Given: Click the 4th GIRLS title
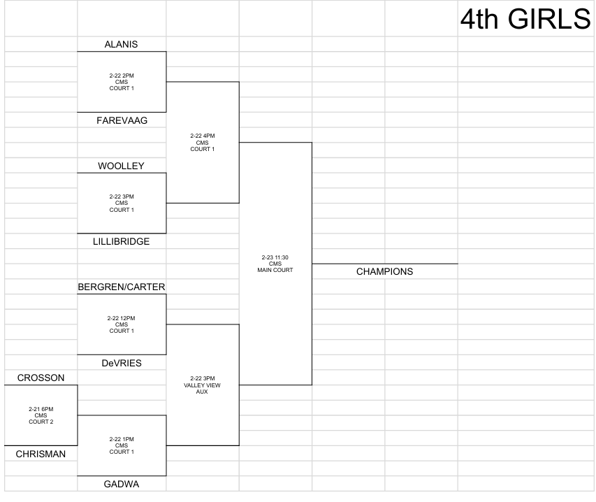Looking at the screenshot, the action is point(525,19).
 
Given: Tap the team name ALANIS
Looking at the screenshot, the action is point(122,44).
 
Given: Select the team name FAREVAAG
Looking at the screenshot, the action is point(122,120).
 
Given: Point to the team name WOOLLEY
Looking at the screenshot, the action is point(122,166).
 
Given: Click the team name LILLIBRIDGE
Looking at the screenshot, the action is point(122,241).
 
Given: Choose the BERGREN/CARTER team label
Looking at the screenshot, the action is point(122,287).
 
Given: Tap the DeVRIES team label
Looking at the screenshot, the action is point(122,363).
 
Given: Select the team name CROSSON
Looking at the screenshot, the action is point(41,378).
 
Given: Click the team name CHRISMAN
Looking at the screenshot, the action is point(41,454).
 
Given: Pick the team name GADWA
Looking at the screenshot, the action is point(122,484).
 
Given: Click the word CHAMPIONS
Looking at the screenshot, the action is point(385,271).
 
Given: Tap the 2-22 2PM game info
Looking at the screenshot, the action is point(122,82).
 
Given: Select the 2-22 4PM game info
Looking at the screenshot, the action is point(203,142).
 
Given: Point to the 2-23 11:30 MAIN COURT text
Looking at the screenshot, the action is point(275,264).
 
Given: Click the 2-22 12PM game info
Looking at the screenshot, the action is point(122,324).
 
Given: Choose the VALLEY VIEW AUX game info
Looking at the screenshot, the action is point(202,385).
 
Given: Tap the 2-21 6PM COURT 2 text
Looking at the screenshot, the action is point(41,415).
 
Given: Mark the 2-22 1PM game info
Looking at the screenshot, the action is point(122,445).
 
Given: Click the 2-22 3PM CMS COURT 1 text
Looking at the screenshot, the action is point(122,203).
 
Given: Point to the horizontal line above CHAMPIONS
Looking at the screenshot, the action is point(385,264).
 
